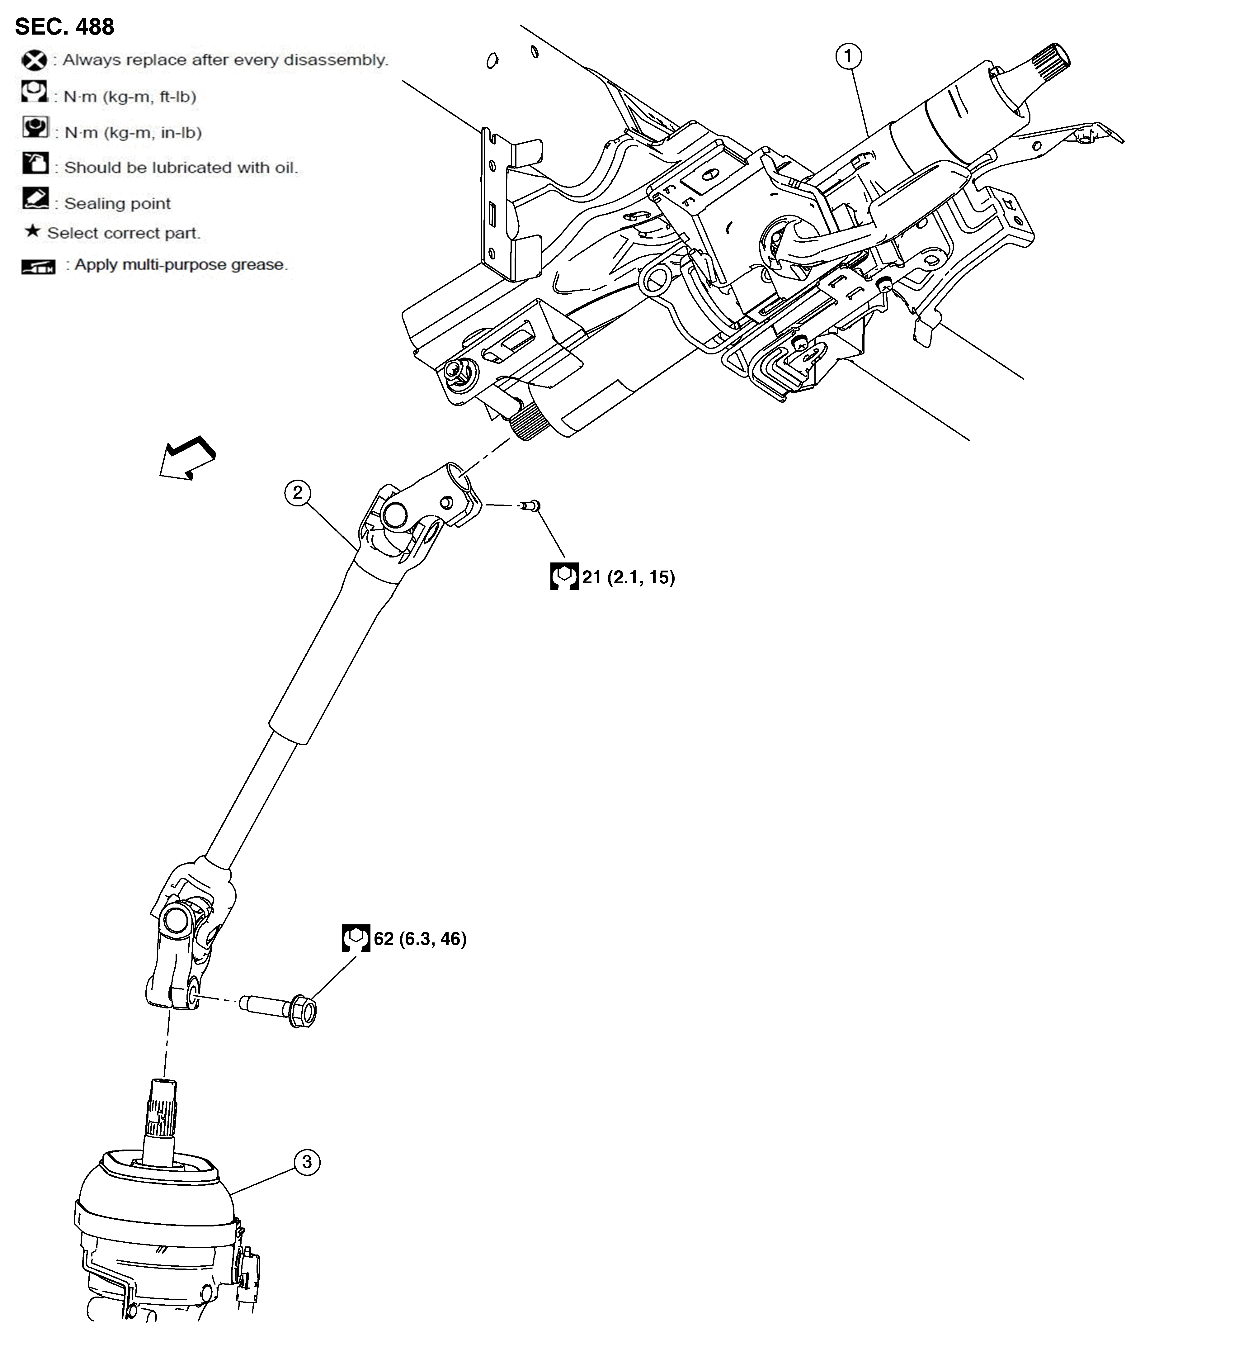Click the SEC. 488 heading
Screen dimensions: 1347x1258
[x=64, y=26]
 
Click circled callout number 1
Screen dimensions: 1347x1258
[x=847, y=56]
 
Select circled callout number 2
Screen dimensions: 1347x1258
[x=297, y=493]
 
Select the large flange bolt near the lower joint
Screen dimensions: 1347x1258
[x=285, y=1012]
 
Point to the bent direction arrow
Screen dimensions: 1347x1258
[x=187, y=457]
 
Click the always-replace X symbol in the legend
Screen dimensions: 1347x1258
[x=34, y=60]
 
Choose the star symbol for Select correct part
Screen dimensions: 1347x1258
[x=32, y=232]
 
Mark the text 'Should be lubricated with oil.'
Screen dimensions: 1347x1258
[x=181, y=167]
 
